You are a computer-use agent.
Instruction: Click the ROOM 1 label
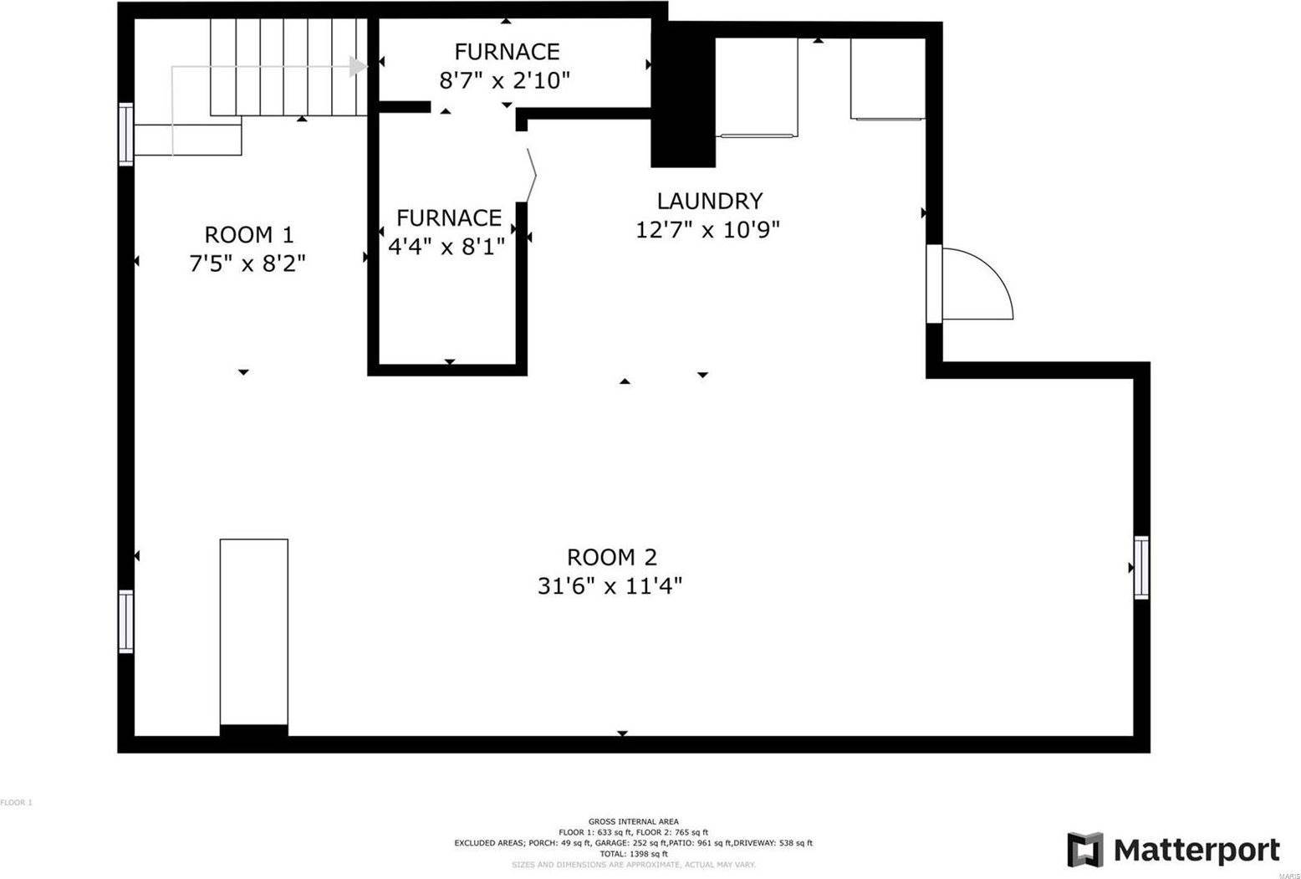248,234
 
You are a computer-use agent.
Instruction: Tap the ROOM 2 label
611,557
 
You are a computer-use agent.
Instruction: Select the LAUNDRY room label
709,201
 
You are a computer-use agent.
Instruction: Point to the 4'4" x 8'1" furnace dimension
446,247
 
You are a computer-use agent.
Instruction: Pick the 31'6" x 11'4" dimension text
610,586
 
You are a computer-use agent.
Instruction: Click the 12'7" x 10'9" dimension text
707,230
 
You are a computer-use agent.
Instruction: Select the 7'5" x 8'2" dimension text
247,263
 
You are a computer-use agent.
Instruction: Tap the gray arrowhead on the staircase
358,67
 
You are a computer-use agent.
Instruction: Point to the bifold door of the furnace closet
530,176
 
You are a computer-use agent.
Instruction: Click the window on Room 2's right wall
1141,567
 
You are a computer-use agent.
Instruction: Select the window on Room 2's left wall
125,621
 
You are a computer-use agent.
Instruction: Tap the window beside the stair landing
125,134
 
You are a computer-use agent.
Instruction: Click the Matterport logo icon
1084,850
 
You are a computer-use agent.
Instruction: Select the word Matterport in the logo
1196,851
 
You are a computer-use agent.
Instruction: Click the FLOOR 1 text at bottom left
16,803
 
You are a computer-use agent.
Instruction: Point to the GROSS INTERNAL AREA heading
633,821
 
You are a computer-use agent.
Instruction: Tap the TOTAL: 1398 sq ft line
633,854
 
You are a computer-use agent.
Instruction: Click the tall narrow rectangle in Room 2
254,631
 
